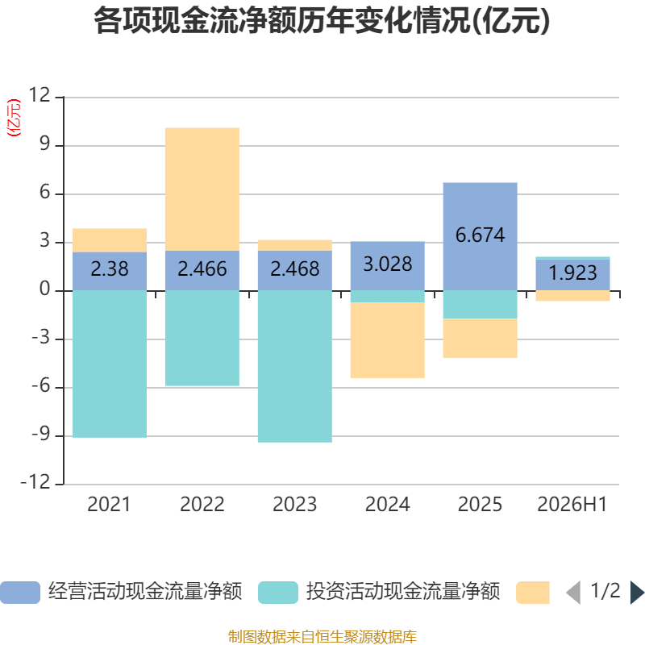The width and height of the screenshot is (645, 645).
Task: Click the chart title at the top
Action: [322, 21]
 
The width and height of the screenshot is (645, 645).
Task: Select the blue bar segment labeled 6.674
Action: [480, 236]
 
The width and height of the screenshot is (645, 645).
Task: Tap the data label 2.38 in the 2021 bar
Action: [110, 269]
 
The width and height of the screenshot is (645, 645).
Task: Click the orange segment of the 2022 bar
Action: [202, 189]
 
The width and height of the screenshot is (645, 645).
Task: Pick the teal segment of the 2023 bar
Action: [294, 367]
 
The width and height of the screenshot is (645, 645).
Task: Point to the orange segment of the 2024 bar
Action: [388, 340]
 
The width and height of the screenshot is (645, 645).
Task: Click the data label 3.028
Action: [388, 264]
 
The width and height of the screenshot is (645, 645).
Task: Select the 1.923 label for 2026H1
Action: [572, 273]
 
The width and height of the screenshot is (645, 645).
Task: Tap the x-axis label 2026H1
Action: [572, 505]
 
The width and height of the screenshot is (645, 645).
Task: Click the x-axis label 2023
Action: [294, 505]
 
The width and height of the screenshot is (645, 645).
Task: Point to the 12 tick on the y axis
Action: [40, 95]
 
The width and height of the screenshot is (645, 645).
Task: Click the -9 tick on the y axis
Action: [41, 434]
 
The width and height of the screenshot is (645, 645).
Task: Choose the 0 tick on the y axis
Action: [45, 289]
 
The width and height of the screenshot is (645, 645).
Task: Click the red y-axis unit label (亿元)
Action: [14, 118]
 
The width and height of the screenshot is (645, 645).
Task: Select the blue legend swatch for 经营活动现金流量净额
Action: [20, 593]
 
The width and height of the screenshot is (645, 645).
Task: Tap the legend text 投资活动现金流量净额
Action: [402, 592]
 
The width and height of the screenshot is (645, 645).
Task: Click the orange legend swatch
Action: [533, 593]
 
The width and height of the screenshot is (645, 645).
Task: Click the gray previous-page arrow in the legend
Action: [573, 593]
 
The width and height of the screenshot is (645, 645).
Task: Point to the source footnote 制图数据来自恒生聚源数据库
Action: [322, 636]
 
